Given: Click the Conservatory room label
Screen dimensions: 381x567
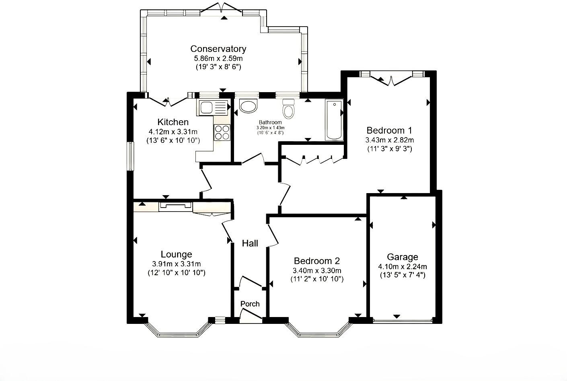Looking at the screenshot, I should click(x=218, y=49).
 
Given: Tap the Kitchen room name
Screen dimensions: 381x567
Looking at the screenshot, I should click(x=173, y=122).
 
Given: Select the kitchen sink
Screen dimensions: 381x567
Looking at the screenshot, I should click(x=213, y=108).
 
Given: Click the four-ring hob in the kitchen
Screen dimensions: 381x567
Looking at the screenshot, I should click(x=222, y=132).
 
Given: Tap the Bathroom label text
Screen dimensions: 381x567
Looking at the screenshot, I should click(x=270, y=122).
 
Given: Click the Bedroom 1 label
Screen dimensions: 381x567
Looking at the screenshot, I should click(x=389, y=130).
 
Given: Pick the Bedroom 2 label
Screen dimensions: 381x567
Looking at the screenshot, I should click(x=317, y=261).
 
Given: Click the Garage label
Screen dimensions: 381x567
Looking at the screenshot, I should click(x=403, y=257).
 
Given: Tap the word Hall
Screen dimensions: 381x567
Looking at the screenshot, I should click(x=250, y=243).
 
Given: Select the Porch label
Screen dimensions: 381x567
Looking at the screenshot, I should click(x=250, y=304).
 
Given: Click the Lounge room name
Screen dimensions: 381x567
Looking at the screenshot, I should click(x=176, y=254).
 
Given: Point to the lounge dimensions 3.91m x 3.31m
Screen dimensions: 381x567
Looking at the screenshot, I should click(x=176, y=264).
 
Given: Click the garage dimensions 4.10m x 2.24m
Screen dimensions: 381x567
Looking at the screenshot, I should click(x=403, y=266).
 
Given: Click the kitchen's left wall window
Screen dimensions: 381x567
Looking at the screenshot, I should click(x=130, y=156).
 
